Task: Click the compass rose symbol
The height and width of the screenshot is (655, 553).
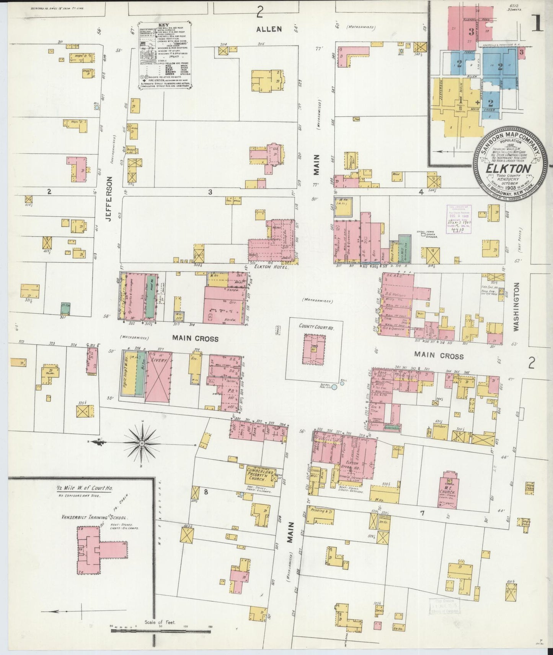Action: pos(142,443)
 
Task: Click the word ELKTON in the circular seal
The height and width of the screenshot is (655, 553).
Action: pos(508,169)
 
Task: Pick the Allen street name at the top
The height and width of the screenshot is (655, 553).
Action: pos(269,29)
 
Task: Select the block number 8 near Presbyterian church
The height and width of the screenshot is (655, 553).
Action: pos(206,492)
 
